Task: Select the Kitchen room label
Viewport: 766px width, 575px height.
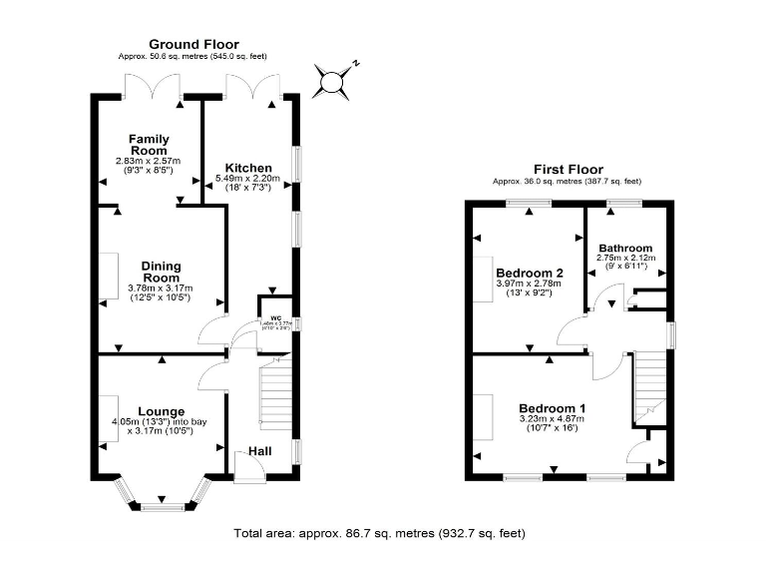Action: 248,167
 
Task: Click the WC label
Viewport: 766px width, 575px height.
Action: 276,318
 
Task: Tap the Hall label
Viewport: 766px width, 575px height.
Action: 259,452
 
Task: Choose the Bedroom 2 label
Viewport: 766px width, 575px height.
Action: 530,273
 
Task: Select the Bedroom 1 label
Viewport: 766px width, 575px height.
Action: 552,407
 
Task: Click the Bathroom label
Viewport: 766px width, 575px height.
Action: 624,249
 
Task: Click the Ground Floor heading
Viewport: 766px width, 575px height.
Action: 193,44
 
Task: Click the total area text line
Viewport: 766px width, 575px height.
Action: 379,533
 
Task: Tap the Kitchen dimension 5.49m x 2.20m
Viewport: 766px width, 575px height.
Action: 248,179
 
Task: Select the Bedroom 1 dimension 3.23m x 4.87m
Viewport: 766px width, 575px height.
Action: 552,419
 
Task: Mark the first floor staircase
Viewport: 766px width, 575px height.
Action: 651,384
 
